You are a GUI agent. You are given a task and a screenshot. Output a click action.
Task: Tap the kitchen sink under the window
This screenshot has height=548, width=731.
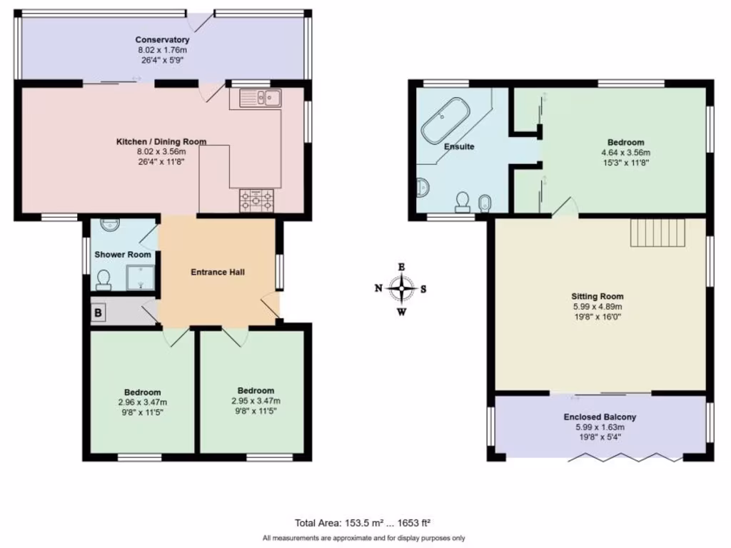[x=261, y=98]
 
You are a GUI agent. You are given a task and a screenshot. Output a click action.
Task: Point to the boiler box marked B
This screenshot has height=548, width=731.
[x=99, y=312]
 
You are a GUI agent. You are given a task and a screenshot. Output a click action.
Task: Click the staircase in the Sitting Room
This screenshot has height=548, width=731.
[x=657, y=233]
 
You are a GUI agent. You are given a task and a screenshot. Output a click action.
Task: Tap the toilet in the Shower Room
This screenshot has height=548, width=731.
[x=104, y=279]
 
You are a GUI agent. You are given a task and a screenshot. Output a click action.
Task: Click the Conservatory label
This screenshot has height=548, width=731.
[x=162, y=40]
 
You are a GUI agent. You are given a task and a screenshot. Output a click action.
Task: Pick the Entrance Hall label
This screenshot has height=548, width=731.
[x=218, y=272]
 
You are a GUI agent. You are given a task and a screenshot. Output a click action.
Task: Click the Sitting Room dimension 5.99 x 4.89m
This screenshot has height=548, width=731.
[x=597, y=306]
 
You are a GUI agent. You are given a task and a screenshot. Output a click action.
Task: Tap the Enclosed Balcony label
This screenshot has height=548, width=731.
[x=600, y=417]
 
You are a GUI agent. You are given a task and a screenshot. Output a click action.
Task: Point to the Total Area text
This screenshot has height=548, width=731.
[x=363, y=522]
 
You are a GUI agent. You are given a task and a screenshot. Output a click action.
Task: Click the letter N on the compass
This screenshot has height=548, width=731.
[x=378, y=288]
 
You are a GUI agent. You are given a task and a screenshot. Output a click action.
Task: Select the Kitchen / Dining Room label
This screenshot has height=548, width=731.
[x=161, y=141]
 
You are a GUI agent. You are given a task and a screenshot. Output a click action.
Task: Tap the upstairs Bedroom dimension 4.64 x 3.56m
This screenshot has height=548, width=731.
[x=626, y=153]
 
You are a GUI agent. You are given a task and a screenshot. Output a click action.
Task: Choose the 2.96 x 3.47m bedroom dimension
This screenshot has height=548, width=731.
[x=142, y=402]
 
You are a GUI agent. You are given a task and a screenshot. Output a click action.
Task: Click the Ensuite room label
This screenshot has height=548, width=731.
[x=459, y=146]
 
